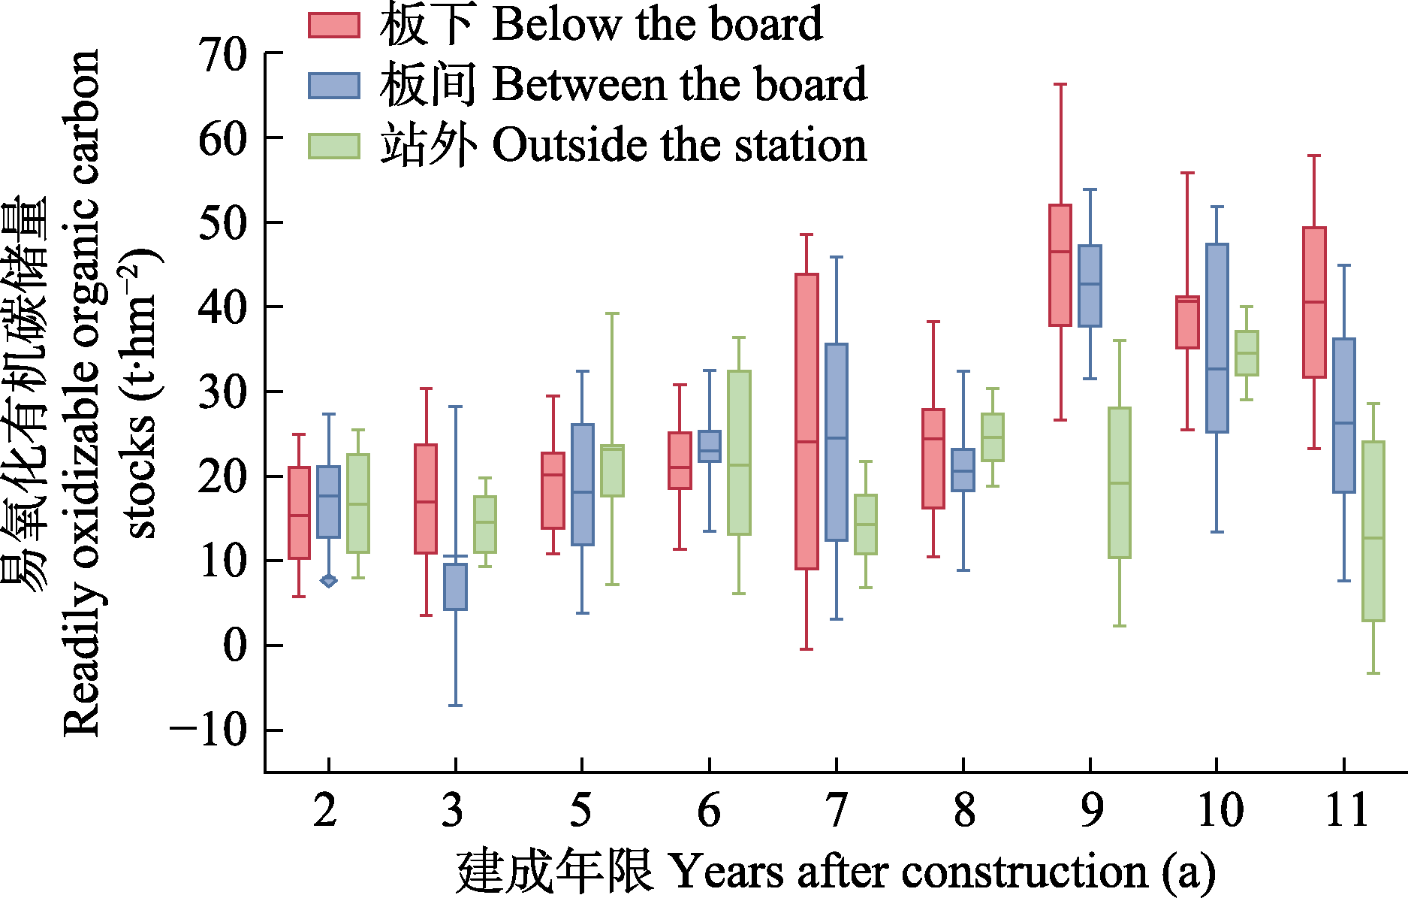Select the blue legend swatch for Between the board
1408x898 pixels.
point(333,85)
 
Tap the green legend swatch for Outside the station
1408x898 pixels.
point(333,145)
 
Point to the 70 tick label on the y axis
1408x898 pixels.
point(223,55)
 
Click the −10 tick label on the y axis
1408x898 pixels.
point(208,730)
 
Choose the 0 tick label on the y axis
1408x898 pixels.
point(235,646)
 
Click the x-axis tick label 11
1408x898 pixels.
point(1346,810)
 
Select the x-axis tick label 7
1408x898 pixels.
point(836,810)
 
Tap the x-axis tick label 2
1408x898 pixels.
point(325,810)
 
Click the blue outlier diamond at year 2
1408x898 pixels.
point(328,581)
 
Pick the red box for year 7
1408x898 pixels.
point(807,421)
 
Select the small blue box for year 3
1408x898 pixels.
point(455,586)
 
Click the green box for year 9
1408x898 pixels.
point(1119,482)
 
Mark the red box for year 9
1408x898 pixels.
point(1060,265)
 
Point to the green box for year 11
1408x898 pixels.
point(1373,531)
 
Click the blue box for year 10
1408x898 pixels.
point(1217,338)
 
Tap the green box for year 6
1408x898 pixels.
point(739,452)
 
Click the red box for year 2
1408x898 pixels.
point(299,512)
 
